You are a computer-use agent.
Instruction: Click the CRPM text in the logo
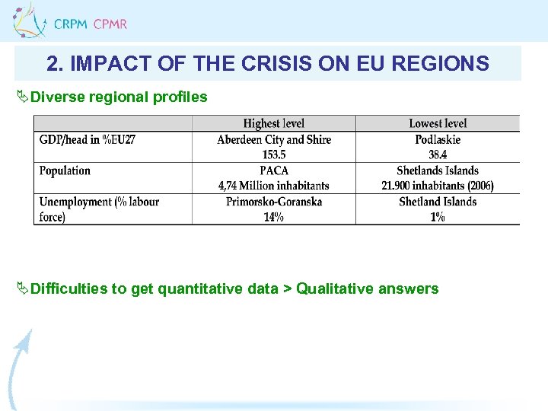coord(71,24)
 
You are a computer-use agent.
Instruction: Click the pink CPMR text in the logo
coord(110,24)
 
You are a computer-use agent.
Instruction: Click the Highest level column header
coord(273,123)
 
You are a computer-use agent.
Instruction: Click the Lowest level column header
coord(438,123)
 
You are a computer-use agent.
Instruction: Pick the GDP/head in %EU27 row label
coord(87,139)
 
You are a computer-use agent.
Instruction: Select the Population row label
coord(65,170)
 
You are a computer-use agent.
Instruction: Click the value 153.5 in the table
coord(273,155)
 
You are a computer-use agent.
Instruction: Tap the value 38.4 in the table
coord(438,155)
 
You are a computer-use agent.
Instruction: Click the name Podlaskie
coord(438,139)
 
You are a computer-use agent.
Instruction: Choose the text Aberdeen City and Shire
coord(273,139)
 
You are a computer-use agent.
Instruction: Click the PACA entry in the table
coord(273,170)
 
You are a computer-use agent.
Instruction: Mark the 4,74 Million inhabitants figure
coord(273,186)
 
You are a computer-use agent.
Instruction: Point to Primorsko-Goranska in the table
coord(273,202)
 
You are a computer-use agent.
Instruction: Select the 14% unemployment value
coord(273,217)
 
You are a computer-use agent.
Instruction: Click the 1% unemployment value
coord(438,217)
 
